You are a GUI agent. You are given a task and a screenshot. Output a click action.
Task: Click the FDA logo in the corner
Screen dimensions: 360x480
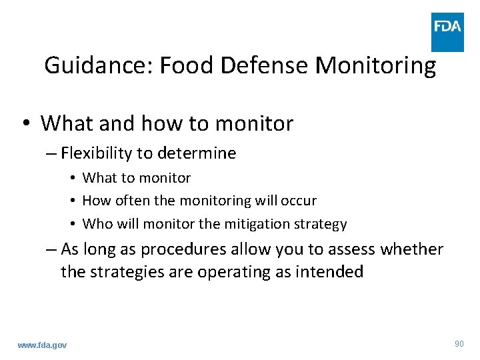coord(447,32)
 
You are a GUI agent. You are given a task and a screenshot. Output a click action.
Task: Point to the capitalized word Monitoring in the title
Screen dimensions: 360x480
coord(375,65)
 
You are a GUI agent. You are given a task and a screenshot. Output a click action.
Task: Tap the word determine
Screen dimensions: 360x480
coord(197,153)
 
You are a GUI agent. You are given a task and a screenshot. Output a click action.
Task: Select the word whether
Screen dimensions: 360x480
coord(412,250)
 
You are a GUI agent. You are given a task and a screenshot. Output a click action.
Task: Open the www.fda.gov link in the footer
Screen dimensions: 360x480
coord(43,345)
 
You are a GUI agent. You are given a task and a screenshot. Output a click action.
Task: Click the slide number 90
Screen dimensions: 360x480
coord(459,343)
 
